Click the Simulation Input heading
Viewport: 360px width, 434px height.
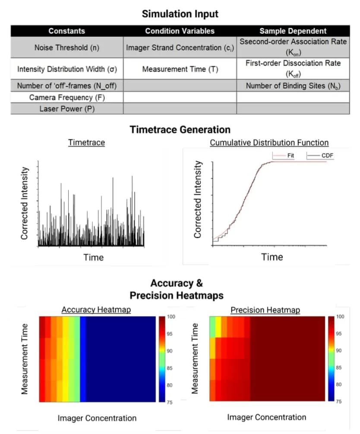tap(180, 14)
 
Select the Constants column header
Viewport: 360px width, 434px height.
tap(66, 31)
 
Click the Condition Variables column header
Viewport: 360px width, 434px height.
tap(180, 31)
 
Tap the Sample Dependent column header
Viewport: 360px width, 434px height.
tap(293, 31)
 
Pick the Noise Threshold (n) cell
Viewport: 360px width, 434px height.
tap(66, 47)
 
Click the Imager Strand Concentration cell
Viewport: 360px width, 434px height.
tap(180, 47)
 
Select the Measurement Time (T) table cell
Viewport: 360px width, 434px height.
tap(180, 69)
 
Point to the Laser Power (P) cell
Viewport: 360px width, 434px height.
tap(66, 109)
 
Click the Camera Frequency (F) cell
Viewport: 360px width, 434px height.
tap(66, 97)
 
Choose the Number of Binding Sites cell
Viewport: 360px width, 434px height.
tap(293, 86)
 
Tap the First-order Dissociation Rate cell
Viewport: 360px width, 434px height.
tap(293, 68)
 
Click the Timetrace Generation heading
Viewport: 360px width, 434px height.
tap(180, 129)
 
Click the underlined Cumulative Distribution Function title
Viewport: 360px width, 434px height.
tap(269, 143)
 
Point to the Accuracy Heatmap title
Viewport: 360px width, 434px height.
tap(96, 310)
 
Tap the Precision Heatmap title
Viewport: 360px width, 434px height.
tap(265, 310)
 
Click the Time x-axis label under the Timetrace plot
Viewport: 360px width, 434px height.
tap(93, 258)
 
